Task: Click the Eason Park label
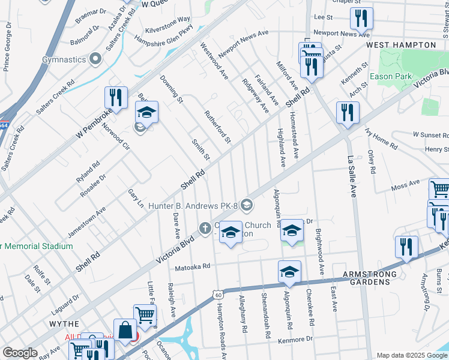[391, 76]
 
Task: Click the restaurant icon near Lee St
[361, 19]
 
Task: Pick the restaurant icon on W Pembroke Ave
[116, 98]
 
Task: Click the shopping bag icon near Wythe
[125, 331]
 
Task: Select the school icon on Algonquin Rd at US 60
[289, 272]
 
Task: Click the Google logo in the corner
[20, 353]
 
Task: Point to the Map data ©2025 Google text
[412, 355]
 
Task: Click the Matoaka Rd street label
[193, 266]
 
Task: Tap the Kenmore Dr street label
[296, 340]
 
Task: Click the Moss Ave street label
[405, 183]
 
